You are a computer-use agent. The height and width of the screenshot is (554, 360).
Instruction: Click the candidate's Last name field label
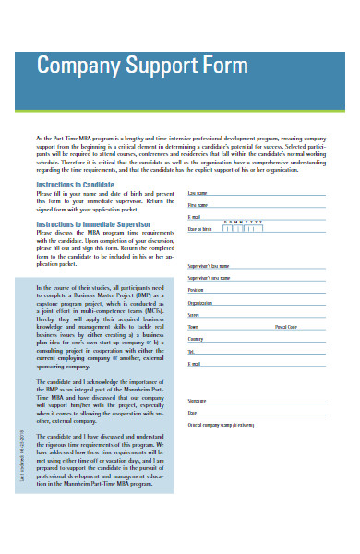(198, 193)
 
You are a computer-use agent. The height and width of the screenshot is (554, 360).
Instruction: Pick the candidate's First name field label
(198, 204)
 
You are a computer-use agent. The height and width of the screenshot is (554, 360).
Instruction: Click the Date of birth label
(200, 228)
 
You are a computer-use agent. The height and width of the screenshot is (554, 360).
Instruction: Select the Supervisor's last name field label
(209, 265)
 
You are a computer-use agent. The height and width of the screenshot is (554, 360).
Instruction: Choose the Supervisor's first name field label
(209, 277)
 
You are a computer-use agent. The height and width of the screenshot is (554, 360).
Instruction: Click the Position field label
(196, 290)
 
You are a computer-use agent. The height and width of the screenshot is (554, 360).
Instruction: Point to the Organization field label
(200, 302)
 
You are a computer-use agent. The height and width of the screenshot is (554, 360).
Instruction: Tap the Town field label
(194, 327)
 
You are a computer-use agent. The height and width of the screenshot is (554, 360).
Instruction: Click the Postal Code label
(286, 327)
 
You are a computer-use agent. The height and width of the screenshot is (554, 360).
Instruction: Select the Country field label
(196, 339)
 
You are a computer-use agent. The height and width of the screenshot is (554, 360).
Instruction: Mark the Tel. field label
(192, 351)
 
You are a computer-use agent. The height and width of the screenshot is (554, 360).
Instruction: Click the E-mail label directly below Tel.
(195, 363)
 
